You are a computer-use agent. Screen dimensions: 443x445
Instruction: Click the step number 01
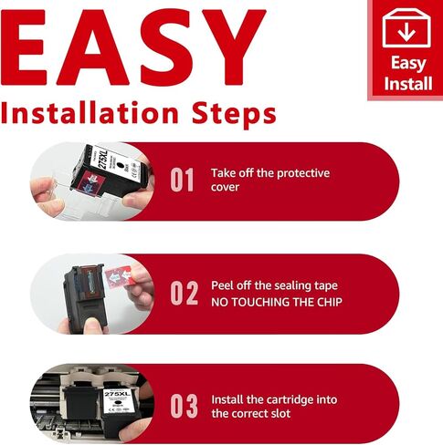[182, 180]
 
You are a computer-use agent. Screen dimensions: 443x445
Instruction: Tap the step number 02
[184, 293]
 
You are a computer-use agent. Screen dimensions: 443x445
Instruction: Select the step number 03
[184, 407]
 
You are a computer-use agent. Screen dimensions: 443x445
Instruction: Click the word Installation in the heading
[90, 113]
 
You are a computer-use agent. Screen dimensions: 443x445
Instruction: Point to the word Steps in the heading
[234, 116]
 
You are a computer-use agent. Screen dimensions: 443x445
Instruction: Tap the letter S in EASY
[163, 47]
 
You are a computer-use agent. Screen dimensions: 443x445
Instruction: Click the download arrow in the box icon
[406, 33]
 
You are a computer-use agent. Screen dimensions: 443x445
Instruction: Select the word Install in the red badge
[408, 83]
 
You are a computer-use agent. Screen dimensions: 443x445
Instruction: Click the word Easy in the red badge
[408, 64]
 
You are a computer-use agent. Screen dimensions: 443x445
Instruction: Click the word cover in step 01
[225, 187]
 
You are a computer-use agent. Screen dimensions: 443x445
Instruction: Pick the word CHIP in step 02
[330, 302]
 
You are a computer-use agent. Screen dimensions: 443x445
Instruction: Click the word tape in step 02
[325, 286]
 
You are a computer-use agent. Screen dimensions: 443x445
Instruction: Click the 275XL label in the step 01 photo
[102, 160]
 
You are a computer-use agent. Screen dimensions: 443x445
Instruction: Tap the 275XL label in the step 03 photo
[117, 394]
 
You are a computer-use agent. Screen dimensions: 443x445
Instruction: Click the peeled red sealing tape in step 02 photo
[117, 277]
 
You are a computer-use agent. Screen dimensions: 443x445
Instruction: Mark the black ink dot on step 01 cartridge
[121, 165]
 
